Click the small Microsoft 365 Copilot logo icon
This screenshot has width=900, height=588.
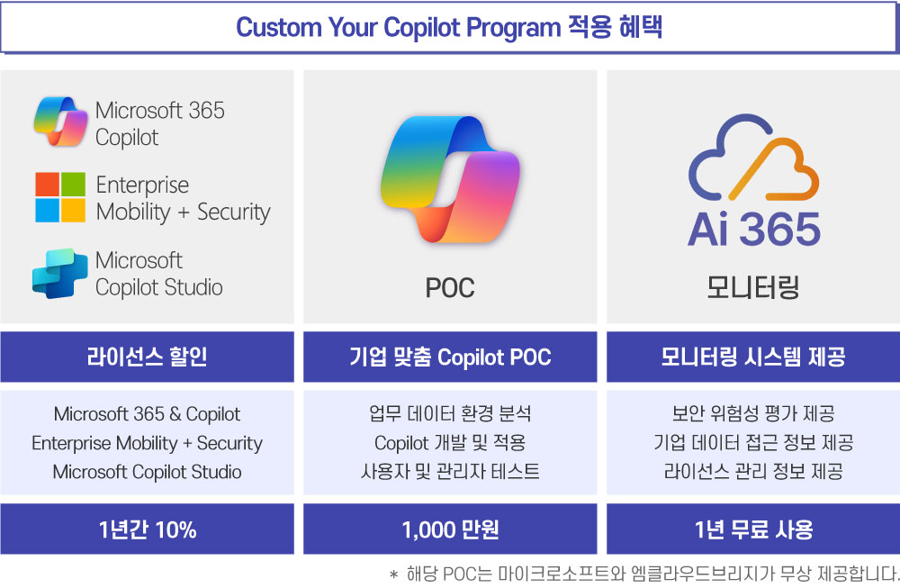pos(60,122)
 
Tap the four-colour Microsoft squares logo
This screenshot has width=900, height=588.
pos(60,197)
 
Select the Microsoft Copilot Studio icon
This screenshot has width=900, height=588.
pos(60,274)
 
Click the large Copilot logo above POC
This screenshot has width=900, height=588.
pos(450,179)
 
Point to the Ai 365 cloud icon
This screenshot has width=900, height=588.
pos(753,157)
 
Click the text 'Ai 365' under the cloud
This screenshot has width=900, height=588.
pos(753,229)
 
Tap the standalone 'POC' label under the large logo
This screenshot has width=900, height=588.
pos(450,287)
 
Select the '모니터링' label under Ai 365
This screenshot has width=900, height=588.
pos(753,287)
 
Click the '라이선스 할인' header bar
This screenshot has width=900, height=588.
pos(147,357)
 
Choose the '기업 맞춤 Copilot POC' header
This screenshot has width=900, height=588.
pos(450,357)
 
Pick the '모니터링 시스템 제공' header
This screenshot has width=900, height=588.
pos(753,357)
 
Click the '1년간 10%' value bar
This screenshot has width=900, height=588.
pos(147,529)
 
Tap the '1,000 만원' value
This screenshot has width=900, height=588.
pos(450,529)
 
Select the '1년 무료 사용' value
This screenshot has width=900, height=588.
pos(753,529)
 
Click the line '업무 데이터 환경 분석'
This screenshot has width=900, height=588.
pos(450,413)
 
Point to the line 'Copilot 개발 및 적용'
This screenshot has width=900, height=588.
pos(450,443)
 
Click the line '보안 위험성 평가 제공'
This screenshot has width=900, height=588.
pos(753,413)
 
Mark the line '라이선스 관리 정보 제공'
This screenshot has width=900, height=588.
pos(753,472)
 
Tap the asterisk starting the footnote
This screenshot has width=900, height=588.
pos(393,574)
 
